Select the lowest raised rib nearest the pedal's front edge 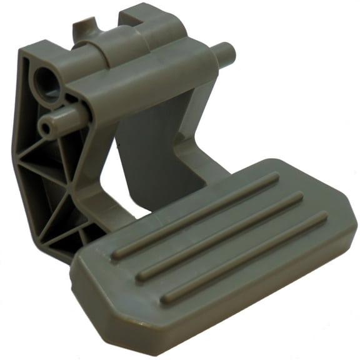(x=244, y=256)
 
